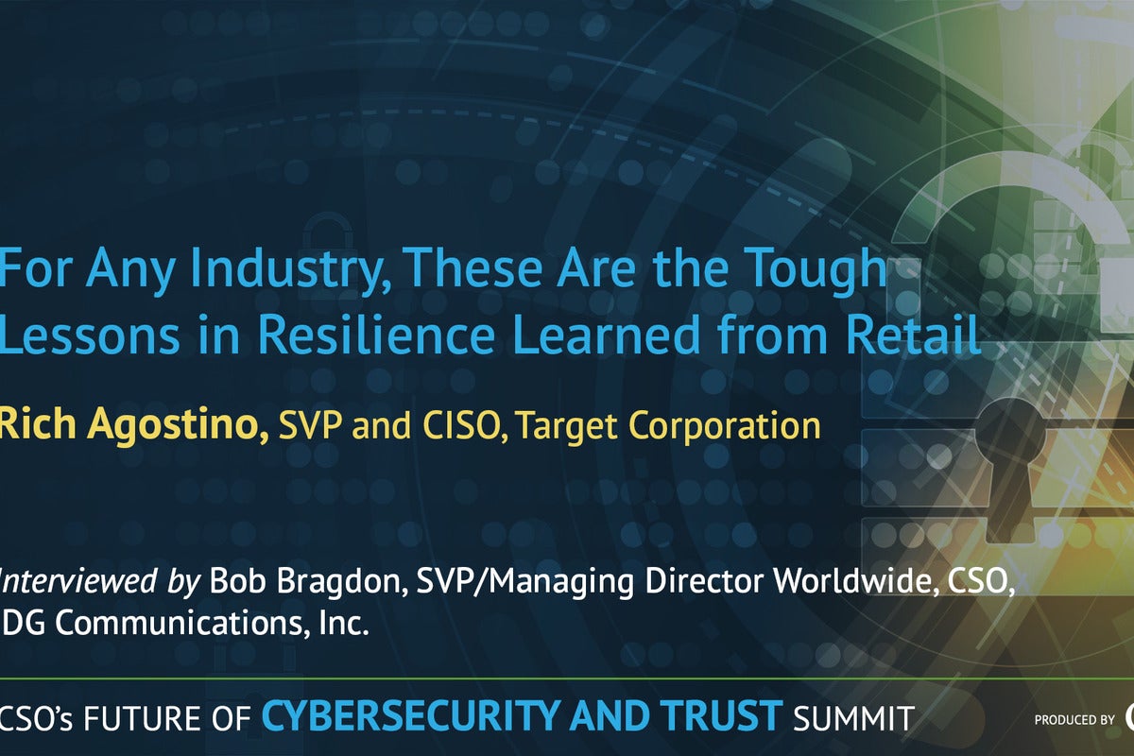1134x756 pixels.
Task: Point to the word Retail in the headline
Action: tap(913, 334)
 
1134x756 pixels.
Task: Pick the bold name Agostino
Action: tap(178, 425)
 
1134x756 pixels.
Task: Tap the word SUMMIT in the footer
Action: tap(854, 718)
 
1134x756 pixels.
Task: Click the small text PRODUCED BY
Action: tap(1074, 719)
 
